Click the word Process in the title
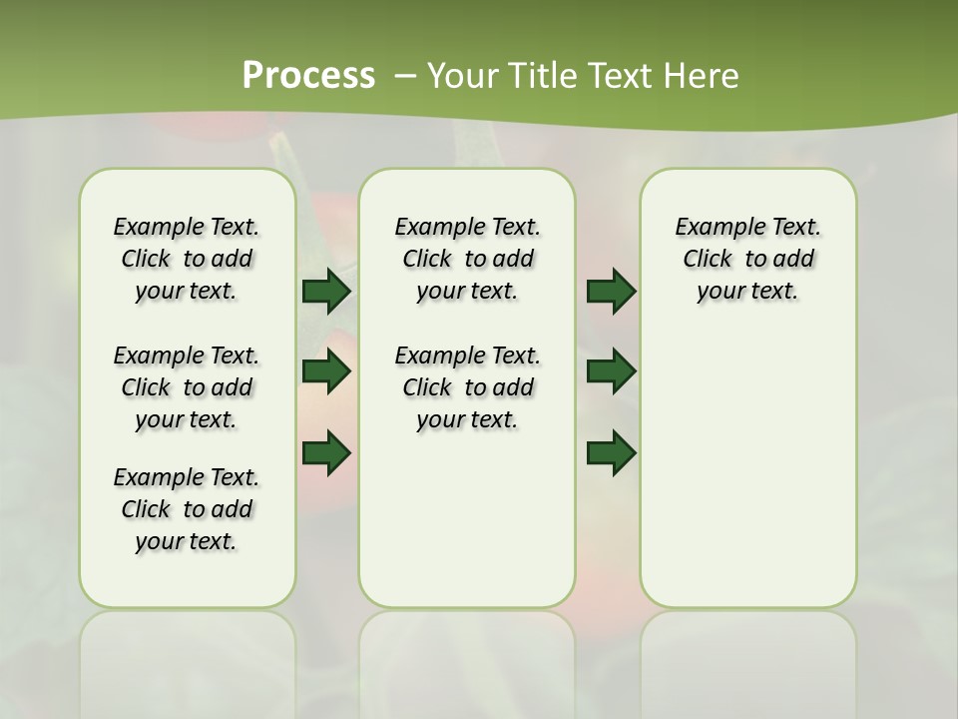pos(308,75)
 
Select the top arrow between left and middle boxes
pos(325,291)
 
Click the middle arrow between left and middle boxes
pos(325,371)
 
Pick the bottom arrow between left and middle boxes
pos(325,452)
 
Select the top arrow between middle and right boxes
pos(611,291)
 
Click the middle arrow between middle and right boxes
pos(611,371)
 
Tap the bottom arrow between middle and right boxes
pos(611,452)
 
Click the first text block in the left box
pos(187,259)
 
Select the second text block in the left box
pos(187,387)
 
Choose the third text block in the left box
pos(187,509)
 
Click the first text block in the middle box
pos(467,259)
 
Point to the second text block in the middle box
pos(467,387)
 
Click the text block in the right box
pos(748,259)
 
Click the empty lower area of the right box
pos(748,479)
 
